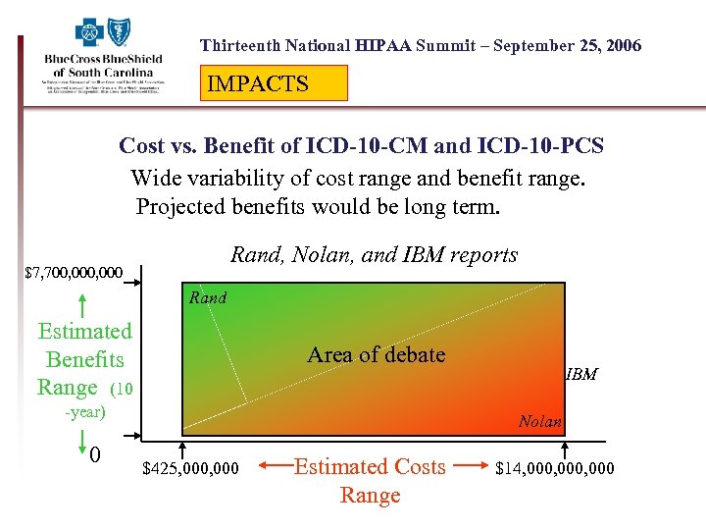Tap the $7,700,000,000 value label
(74, 272)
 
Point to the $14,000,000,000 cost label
(555, 468)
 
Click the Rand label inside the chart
(208, 298)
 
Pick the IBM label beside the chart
(581, 375)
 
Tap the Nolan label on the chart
(540, 422)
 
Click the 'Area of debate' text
(376, 354)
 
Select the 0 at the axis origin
(94, 456)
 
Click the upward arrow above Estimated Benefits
(84, 304)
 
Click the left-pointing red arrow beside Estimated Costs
(271, 467)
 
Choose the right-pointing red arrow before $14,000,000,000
(472, 467)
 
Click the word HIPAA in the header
(384, 45)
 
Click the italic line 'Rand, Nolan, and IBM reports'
(374, 255)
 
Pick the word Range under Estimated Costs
(370, 496)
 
